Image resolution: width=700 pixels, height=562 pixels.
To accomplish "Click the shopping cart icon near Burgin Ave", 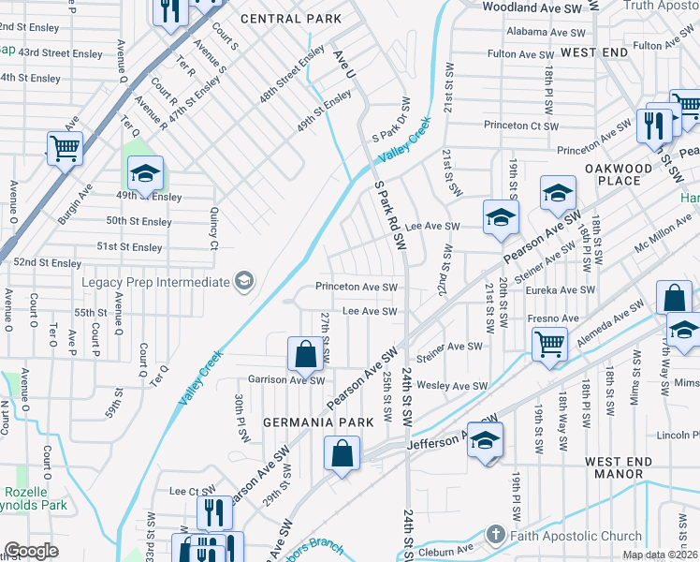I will [x=65, y=148].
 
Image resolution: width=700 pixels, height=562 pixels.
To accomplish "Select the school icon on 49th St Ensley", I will [x=145, y=173].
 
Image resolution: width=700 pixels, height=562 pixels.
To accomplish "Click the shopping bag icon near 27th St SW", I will [x=305, y=354].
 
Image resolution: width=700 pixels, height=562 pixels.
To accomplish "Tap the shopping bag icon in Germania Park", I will [x=343, y=454].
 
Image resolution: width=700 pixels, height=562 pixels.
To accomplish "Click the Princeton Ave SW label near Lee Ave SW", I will [x=357, y=288].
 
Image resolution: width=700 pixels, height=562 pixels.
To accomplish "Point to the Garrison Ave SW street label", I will [x=285, y=380].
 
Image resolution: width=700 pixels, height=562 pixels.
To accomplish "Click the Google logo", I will [x=31, y=551].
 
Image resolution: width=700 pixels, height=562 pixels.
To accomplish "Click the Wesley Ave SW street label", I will [x=453, y=386].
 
